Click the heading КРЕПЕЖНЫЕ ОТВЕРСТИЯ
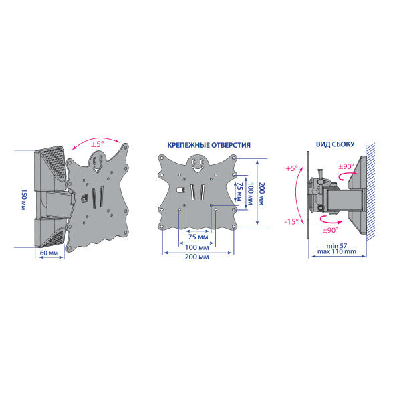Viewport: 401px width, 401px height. tap(209, 145)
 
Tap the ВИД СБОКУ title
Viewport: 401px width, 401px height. tap(336, 144)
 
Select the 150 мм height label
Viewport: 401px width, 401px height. tap(23, 200)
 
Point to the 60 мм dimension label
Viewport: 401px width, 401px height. tap(49, 253)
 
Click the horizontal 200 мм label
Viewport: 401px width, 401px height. tap(196, 257)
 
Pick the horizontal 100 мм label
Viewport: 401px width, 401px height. tap(197, 247)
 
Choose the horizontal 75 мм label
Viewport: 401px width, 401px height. tap(198, 237)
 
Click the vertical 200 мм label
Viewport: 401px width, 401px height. tap(261, 194)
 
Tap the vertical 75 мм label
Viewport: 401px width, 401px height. tap(239, 192)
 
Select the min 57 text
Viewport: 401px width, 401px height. tap(337, 246)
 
